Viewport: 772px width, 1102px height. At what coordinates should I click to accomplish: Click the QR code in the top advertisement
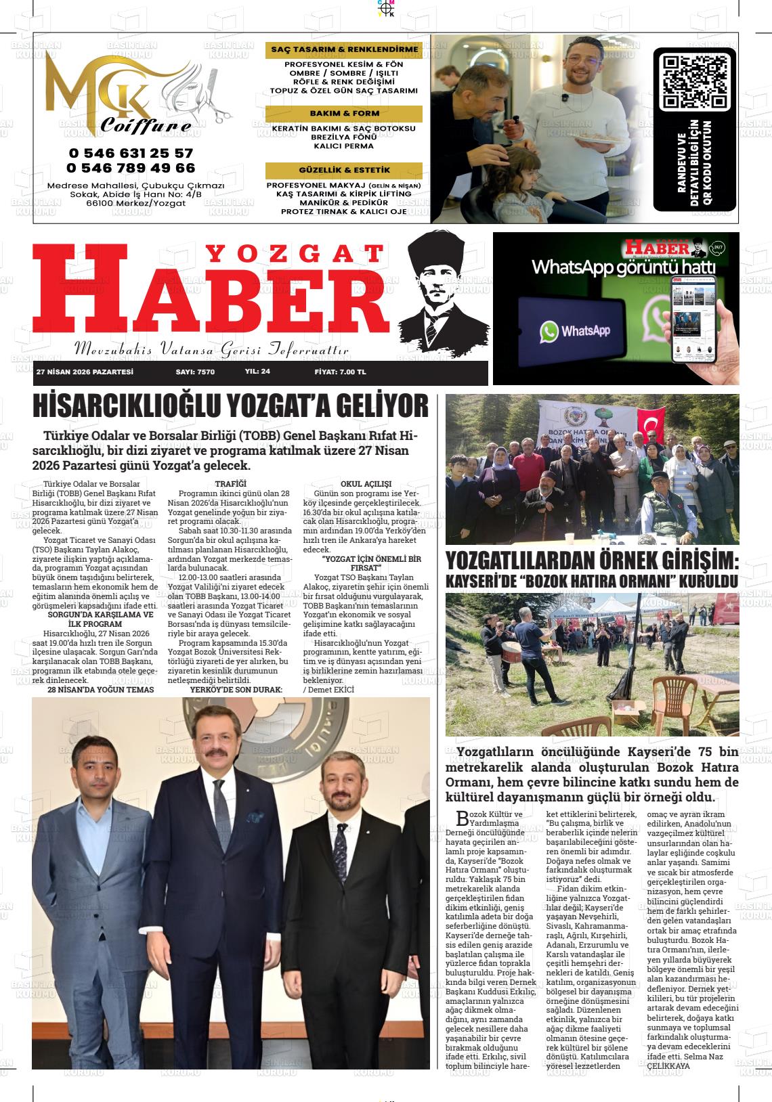(x=694, y=82)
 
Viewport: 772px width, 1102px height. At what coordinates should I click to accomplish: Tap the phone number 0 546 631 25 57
(x=131, y=154)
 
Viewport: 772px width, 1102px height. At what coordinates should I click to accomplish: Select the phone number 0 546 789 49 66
(x=131, y=168)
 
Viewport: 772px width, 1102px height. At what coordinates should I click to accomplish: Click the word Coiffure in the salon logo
(x=146, y=127)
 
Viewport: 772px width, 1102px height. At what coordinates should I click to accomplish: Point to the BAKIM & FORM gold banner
(x=344, y=114)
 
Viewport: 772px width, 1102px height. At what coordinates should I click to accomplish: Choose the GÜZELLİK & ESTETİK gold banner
(x=344, y=171)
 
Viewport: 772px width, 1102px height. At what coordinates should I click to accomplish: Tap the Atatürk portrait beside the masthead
(x=444, y=291)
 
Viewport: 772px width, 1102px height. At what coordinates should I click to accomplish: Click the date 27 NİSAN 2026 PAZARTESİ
(x=85, y=372)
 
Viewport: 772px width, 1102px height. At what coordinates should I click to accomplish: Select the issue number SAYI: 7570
(x=195, y=372)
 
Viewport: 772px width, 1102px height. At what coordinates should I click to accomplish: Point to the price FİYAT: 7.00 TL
(x=340, y=372)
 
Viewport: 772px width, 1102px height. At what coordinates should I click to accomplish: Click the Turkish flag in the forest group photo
(x=651, y=426)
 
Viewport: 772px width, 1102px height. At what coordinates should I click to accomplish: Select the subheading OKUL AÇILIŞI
(x=366, y=484)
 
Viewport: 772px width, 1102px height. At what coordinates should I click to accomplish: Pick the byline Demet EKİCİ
(x=330, y=689)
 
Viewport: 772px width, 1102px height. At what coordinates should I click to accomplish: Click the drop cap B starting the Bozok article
(x=463, y=816)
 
